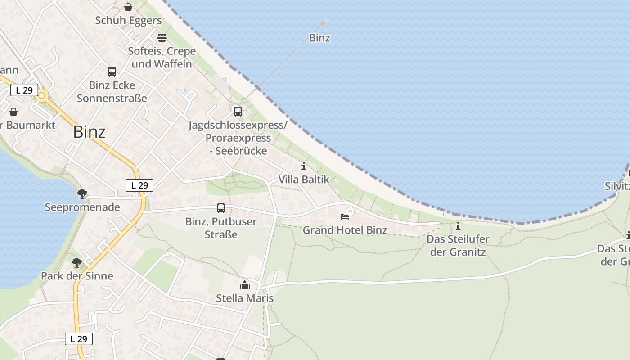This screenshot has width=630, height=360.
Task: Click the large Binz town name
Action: point(89,132)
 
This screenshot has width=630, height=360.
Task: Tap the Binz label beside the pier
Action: point(319,38)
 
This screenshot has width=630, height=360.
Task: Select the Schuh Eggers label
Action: point(128,20)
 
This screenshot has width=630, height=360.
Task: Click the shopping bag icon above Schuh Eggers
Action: point(128,7)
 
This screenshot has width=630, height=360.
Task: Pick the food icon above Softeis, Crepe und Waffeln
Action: point(162,37)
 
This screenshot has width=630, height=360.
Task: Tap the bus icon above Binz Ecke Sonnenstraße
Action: point(112,72)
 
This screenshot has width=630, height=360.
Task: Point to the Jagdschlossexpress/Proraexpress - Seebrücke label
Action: point(238,138)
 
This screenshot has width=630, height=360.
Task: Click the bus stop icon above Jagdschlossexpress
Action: point(238,111)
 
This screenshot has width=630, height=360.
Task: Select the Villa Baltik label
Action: point(304,179)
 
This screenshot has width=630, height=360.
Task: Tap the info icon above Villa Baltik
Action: point(304,166)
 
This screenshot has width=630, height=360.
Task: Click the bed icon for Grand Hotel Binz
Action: point(345,217)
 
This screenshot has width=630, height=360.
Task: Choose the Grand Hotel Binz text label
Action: point(345,230)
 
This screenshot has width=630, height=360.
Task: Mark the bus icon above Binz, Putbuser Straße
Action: point(220,208)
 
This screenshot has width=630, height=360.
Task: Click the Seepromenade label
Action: point(82,207)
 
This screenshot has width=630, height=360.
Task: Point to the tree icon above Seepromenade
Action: point(82,194)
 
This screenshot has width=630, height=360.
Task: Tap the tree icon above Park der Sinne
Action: point(77,262)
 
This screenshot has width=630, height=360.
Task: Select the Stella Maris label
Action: point(245,298)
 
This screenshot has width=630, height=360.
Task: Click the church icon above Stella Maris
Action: point(245,285)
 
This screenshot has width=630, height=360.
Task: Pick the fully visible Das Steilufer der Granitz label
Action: point(458,245)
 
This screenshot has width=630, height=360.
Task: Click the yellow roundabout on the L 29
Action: point(42,96)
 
